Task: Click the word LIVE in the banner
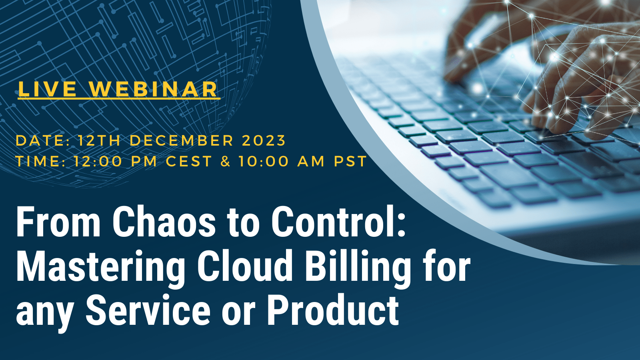(x=47, y=89)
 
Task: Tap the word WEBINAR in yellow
(x=154, y=89)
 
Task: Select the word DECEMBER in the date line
(x=182, y=140)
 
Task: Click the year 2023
(x=264, y=140)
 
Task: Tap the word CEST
(x=188, y=161)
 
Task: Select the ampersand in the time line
(x=226, y=161)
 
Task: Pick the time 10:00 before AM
(x=264, y=161)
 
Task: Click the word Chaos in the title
(x=164, y=222)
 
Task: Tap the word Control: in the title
(x=338, y=222)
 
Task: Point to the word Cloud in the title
(x=245, y=266)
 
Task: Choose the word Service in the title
(x=148, y=310)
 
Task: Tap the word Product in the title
(x=333, y=310)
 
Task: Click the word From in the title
(x=58, y=222)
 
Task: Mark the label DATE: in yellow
(x=42, y=140)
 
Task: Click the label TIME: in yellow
(x=40, y=161)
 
